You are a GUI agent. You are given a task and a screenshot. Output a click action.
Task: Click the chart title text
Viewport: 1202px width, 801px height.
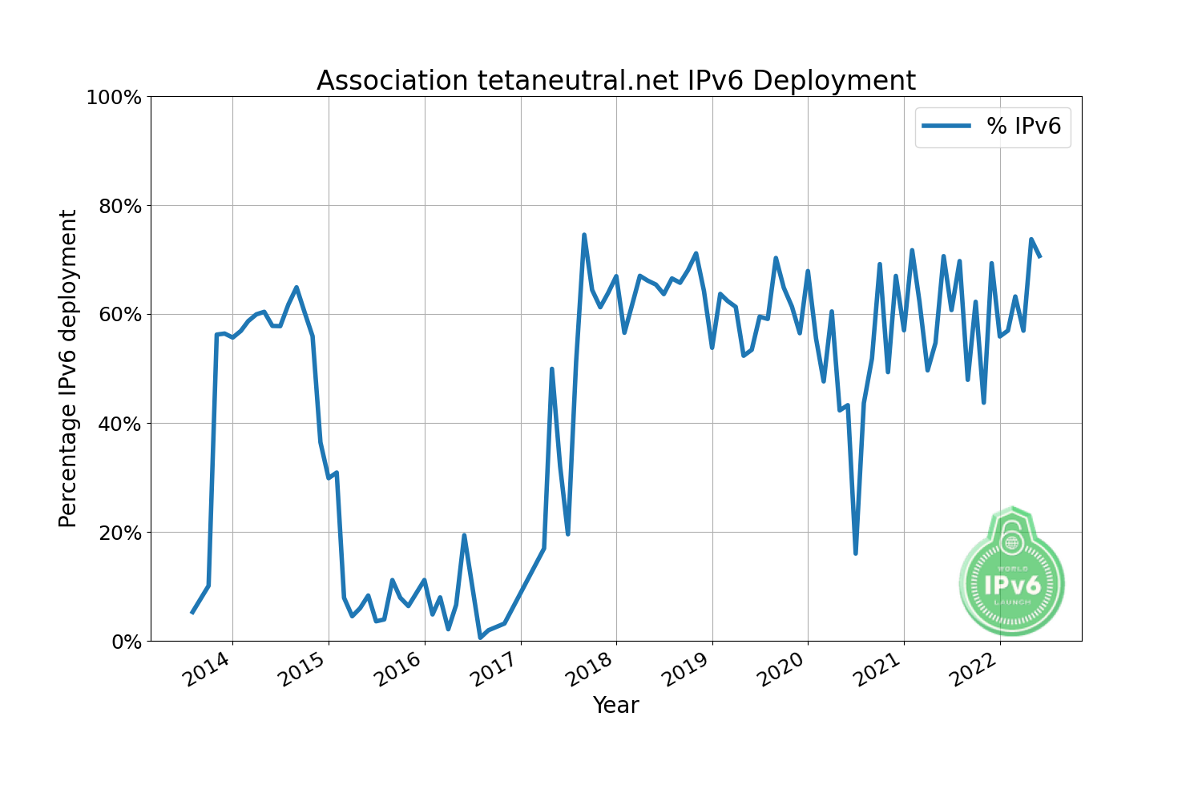[615, 81]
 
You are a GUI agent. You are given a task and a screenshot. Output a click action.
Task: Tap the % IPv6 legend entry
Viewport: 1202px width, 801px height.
[993, 127]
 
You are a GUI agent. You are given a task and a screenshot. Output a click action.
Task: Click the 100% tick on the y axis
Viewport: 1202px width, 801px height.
[114, 98]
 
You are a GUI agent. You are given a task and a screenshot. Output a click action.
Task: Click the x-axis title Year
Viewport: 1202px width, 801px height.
[615, 706]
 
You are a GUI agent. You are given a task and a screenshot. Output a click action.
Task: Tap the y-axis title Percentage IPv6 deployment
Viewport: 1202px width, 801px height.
[68, 368]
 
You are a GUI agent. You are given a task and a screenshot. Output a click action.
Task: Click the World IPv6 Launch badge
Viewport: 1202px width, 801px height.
[1011, 573]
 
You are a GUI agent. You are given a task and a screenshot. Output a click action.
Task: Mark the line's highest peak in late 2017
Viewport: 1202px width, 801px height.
[584, 235]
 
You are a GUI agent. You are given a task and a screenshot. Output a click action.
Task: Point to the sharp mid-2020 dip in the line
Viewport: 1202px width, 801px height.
[856, 553]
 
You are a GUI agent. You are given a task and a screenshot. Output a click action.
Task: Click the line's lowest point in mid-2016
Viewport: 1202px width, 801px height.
[480, 638]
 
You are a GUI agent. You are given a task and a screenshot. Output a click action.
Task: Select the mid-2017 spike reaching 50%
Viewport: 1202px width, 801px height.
[552, 369]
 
